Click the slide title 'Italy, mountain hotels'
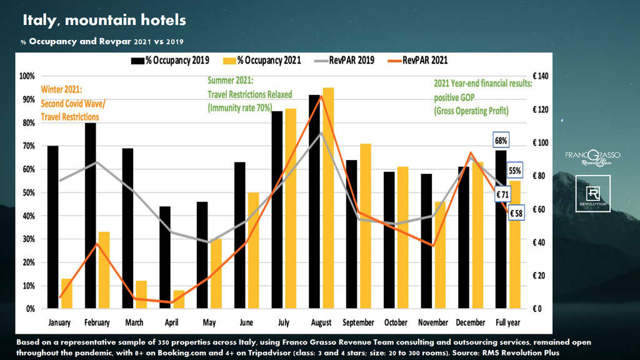104,20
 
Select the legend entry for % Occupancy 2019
169,60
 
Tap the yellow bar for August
328,198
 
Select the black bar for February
91,216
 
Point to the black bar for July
277,210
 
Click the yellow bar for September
366,226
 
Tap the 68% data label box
501,139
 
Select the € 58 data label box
517,214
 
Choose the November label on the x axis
433,322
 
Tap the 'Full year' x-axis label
507,322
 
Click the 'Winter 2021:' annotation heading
62,89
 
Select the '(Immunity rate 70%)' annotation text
241,107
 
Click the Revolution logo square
592,198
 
